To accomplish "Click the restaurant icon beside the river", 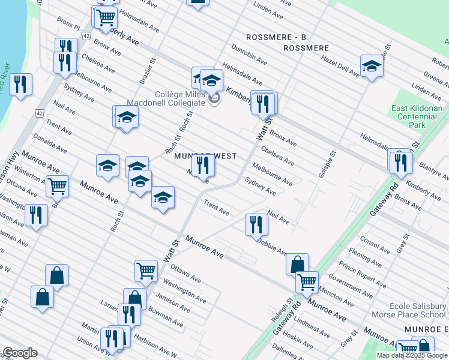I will [x=21, y=84].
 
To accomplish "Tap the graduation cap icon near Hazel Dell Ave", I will [x=372, y=66].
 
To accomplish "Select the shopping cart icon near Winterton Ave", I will [x=58, y=185].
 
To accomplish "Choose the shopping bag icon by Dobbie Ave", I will [x=297, y=264].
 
